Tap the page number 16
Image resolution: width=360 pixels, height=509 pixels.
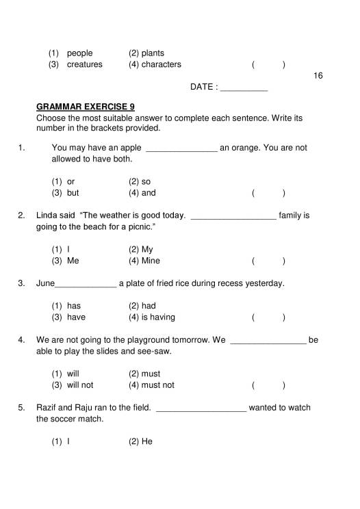[x=317, y=75]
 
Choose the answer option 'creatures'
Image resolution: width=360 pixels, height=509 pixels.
[x=84, y=64]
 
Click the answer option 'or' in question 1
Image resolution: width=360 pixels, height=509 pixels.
[x=70, y=181]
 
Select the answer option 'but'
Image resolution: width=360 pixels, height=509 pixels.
[x=73, y=193]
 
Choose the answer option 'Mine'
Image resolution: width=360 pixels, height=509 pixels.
[x=151, y=261]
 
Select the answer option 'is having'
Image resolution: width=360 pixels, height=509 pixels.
[x=158, y=317]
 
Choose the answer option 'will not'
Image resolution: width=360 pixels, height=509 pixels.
[x=79, y=384]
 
